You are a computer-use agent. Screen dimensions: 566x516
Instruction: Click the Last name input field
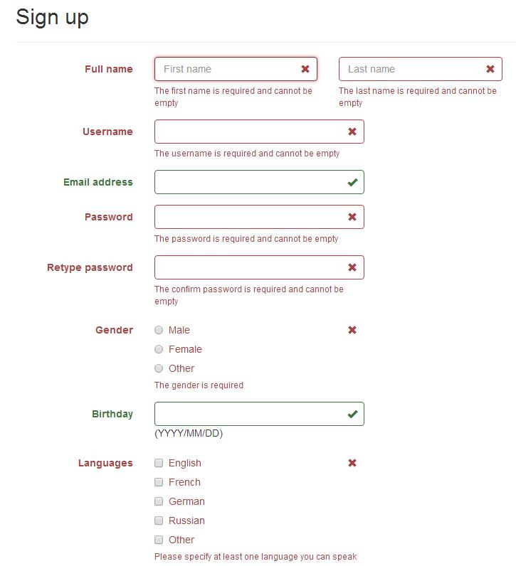click(411, 69)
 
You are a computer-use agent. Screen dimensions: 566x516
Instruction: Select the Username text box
click(249, 132)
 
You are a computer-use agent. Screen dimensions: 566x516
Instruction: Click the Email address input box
click(249, 182)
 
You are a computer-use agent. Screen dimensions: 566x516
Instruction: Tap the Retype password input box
click(249, 267)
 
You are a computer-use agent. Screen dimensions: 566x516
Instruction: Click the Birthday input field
click(249, 414)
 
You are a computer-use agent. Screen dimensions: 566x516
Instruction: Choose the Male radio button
click(159, 330)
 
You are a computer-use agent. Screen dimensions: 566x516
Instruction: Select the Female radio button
click(159, 349)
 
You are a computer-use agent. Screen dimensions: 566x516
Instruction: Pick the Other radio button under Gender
click(159, 368)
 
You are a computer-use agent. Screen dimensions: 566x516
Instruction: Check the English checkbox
click(159, 463)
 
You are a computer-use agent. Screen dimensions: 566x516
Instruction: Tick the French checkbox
click(159, 482)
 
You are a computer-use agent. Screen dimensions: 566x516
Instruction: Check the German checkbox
click(159, 501)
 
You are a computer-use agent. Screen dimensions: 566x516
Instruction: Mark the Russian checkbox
click(159, 520)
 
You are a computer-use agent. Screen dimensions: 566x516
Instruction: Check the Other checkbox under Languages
click(159, 540)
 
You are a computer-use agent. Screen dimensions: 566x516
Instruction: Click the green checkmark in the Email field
click(352, 182)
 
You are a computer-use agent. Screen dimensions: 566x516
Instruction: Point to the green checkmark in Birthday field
click(352, 414)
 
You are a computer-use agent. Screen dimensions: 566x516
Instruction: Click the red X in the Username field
click(352, 132)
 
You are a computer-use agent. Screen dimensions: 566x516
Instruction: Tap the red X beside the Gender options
click(352, 330)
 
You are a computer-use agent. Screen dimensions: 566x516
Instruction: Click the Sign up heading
click(52, 17)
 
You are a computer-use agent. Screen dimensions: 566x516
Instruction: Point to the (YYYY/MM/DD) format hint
click(189, 433)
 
